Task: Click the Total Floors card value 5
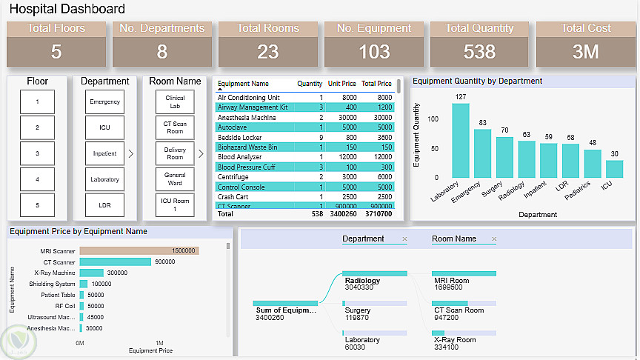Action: click(56, 52)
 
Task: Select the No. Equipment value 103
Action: click(374, 52)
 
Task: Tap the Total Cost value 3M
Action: click(586, 52)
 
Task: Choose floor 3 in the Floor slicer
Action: click(38, 153)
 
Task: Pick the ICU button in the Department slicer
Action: click(104, 127)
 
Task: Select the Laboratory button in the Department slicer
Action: click(104, 179)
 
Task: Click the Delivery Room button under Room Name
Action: click(175, 153)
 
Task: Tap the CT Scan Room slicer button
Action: click(175, 127)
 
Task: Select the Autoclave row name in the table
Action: click(232, 127)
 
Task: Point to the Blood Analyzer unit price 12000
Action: click(347, 157)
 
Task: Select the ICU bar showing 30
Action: click(614, 169)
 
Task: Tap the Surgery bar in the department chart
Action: click(504, 157)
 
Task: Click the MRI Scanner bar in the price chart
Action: click(139, 251)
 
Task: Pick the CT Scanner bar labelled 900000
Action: click(115, 261)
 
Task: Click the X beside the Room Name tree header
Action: click(493, 239)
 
